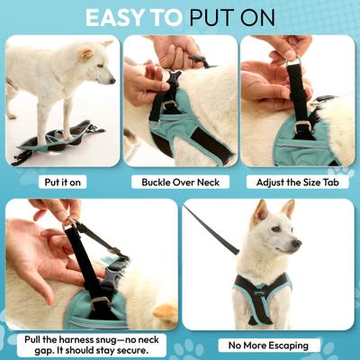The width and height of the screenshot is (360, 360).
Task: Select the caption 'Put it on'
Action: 64,181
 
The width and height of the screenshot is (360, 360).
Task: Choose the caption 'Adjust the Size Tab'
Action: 296,181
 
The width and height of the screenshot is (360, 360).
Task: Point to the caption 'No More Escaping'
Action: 268,345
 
